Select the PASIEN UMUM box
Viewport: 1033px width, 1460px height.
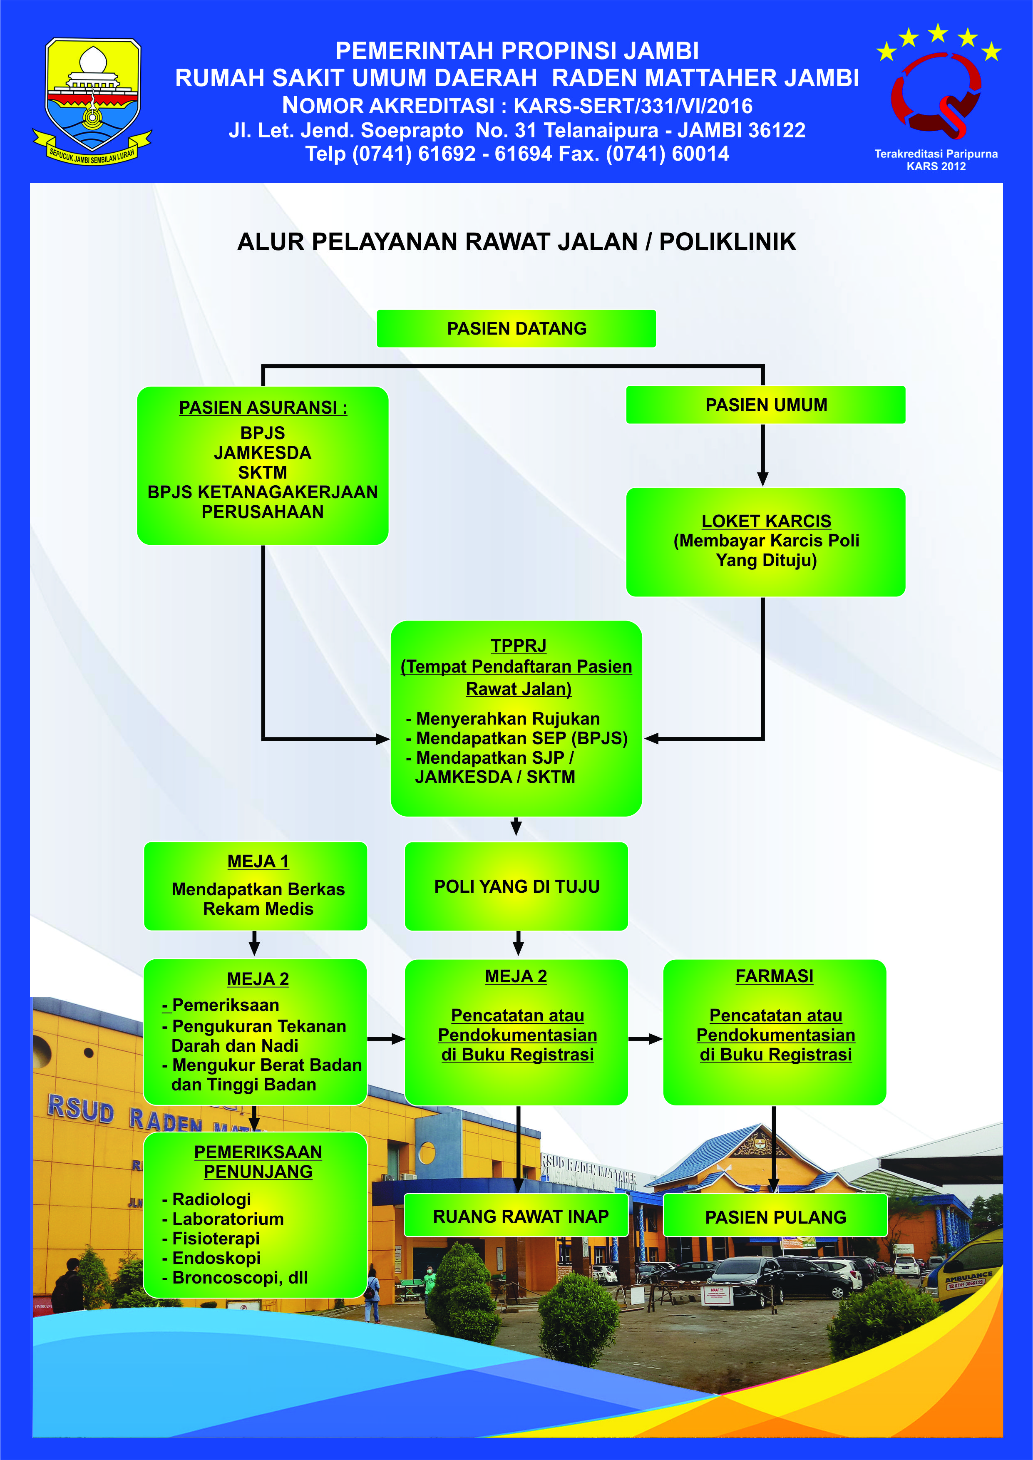(x=765, y=405)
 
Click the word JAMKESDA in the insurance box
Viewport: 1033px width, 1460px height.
(x=262, y=453)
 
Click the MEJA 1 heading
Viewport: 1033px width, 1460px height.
(x=258, y=862)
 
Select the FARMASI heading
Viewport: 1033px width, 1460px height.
(x=774, y=976)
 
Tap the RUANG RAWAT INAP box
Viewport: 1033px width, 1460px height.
(x=520, y=1217)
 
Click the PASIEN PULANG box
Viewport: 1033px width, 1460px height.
(x=775, y=1217)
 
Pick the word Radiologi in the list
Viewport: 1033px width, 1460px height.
(x=211, y=1199)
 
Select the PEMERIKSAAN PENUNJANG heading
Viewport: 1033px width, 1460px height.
(x=258, y=1161)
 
